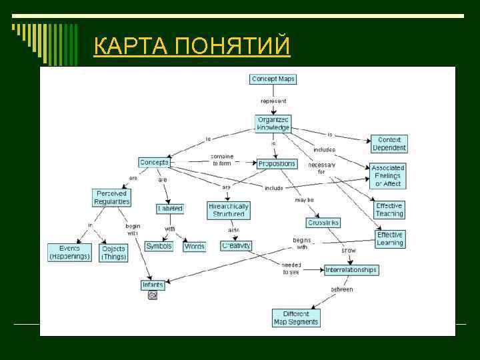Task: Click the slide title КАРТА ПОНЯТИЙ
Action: point(192,47)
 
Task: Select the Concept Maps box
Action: point(273,79)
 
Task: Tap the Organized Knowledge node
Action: point(273,123)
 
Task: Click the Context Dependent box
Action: point(389,144)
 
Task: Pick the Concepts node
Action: point(154,162)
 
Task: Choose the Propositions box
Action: point(277,163)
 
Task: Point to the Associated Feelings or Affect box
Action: point(388,176)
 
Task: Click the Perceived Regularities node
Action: point(111,197)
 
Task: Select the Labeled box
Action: point(170,209)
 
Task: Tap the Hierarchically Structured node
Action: point(229,210)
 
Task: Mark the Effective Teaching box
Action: point(389,210)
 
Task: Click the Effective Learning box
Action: point(390,239)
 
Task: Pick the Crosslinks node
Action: point(324,223)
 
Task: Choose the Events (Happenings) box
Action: point(69,252)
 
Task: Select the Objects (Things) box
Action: point(113,253)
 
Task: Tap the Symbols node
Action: point(159,246)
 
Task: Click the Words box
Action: point(195,246)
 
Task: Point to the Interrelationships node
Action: point(351,270)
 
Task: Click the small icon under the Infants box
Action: point(153,295)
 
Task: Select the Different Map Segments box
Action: point(296,317)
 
